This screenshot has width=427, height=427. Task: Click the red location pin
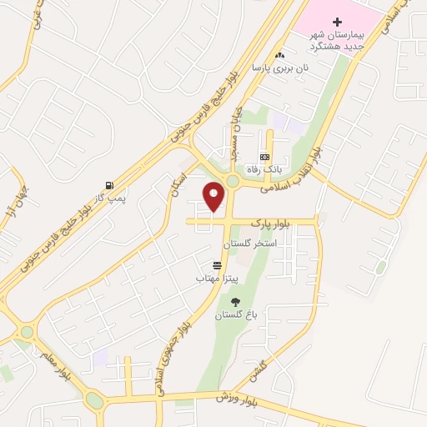click(214, 196)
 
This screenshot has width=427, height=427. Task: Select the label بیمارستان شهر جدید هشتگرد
click(338, 38)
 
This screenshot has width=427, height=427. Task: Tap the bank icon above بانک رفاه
click(264, 157)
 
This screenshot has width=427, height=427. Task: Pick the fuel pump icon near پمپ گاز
click(108, 185)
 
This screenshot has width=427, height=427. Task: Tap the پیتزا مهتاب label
click(218, 276)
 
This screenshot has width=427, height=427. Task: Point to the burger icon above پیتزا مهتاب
click(217, 264)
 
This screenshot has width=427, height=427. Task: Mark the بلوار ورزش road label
click(225, 396)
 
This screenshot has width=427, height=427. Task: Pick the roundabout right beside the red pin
click(233, 182)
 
